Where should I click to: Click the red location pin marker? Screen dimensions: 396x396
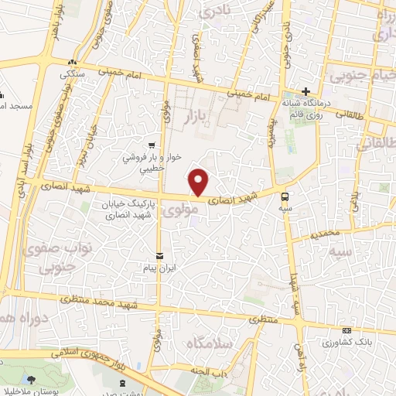tap(200, 181)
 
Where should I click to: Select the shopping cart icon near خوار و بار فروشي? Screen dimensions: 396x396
tap(153, 144)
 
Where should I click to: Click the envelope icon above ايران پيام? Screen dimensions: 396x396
tap(160, 255)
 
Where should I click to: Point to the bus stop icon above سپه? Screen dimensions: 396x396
tap(286, 196)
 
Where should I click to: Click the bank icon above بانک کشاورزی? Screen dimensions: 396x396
tap(346, 330)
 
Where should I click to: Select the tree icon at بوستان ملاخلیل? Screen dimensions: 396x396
tap(31, 379)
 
